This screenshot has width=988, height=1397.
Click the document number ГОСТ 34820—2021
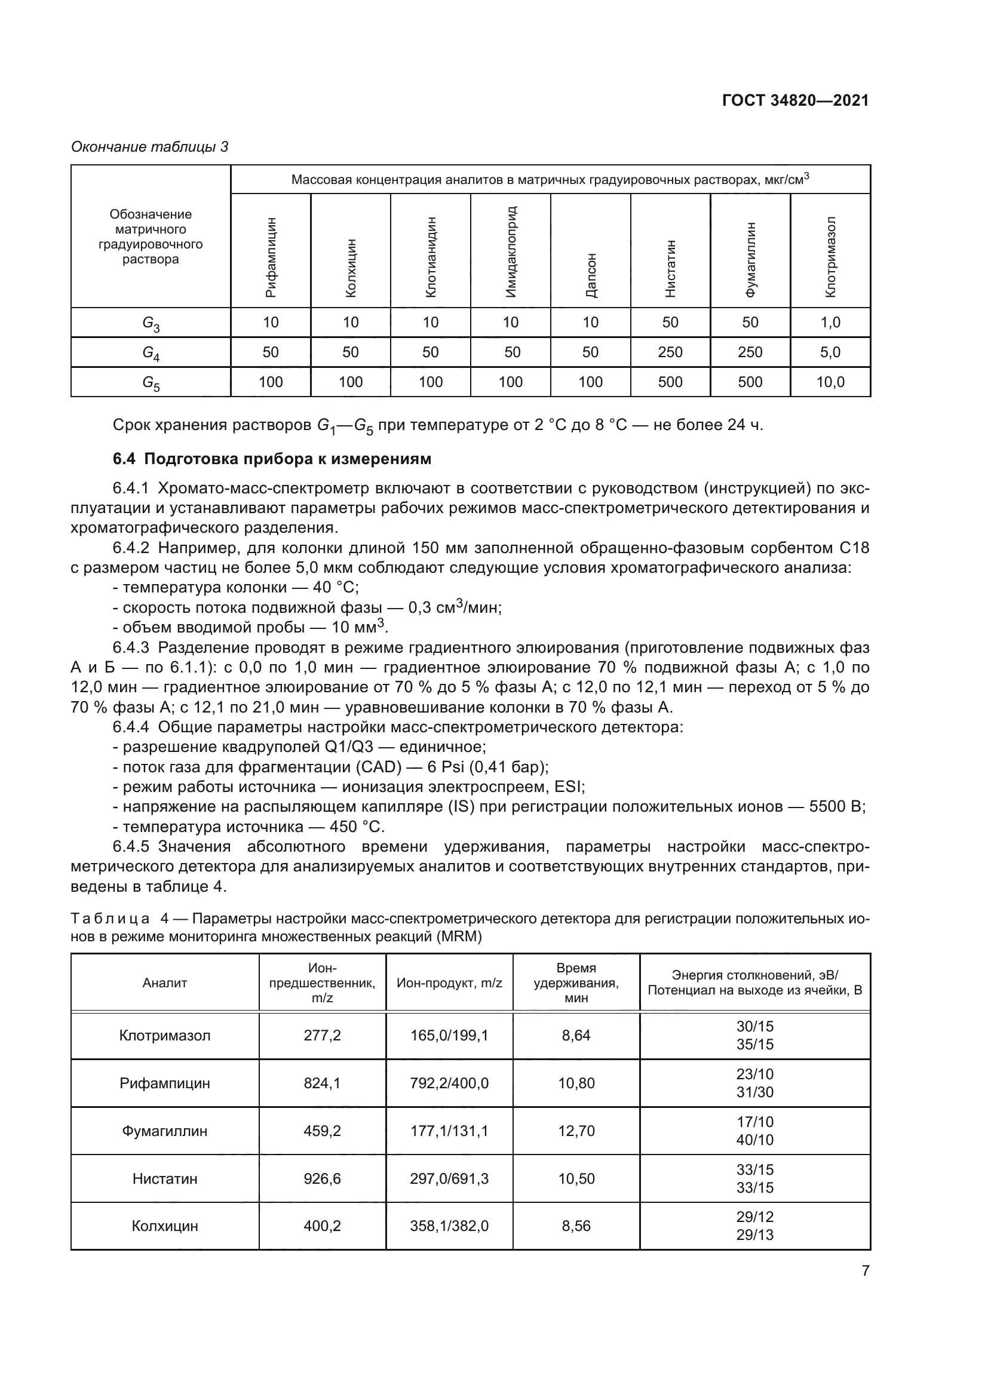point(795,100)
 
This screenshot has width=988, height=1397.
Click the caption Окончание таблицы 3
point(150,147)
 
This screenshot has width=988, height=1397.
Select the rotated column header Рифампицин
point(271,257)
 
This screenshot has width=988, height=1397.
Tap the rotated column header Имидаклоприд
point(511,251)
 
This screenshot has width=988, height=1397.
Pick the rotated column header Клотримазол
point(830,257)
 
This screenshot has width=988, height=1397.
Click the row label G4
point(151,353)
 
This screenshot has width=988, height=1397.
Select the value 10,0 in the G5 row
point(830,382)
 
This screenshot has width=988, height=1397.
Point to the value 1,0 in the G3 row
point(830,323)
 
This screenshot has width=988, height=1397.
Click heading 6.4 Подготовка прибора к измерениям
point(272,459)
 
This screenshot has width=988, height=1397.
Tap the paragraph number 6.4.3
point(131,647)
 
